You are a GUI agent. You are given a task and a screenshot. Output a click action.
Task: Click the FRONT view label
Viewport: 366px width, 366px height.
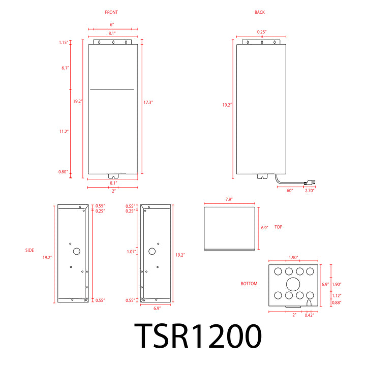[111, 12]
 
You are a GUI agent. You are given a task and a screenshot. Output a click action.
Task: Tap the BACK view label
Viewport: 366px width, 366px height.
[260, 12]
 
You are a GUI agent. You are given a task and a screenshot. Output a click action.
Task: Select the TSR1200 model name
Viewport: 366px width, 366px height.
[198, 336]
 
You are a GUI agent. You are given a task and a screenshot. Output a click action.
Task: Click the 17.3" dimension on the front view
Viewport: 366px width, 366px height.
[148, 102]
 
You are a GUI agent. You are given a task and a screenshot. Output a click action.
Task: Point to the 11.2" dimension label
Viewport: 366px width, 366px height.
[64, 132]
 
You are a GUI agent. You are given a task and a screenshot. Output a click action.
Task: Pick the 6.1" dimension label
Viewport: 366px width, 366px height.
[65, 68]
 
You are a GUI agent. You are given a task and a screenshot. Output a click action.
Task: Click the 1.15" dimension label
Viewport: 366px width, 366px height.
[64, 43]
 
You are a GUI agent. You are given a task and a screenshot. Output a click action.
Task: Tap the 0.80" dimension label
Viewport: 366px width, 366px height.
[63, 172]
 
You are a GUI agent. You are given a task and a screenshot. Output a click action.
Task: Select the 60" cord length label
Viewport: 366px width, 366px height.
[290, 191]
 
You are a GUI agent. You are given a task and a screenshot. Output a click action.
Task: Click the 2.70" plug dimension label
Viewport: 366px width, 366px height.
[310, 191]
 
